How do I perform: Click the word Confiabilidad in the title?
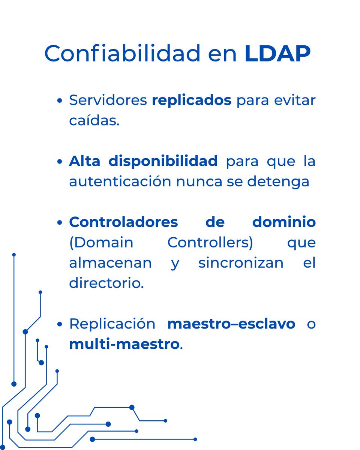(122, 54)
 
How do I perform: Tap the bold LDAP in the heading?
(277, 54)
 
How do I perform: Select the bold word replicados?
(192, 101)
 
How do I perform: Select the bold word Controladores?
(123, 222)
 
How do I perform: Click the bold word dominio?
(284, 222)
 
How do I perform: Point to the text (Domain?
(101, 243)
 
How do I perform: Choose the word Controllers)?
(210, 243)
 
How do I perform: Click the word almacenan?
(110, 263)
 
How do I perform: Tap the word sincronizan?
(241, 263)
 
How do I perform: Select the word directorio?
(106, 283)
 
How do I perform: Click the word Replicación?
(112, 324)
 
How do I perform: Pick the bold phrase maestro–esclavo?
(231, 324)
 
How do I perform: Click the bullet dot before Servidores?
(60, 101)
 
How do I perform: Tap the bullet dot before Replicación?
(60, 324)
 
